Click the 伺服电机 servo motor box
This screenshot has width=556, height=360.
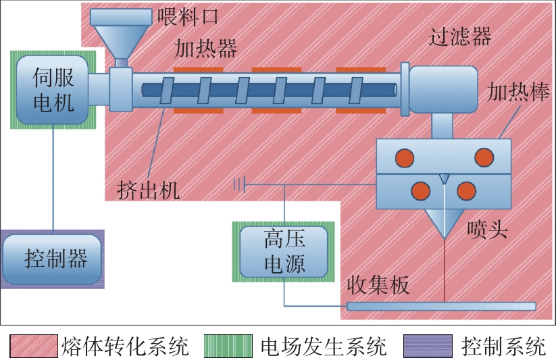click(53, 89)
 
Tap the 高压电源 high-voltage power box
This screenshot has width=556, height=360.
click(283, 251)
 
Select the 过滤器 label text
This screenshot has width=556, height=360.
click(460, 36)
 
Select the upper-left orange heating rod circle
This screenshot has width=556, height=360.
click(405, 158)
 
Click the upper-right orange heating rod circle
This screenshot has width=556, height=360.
click(484, 158)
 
